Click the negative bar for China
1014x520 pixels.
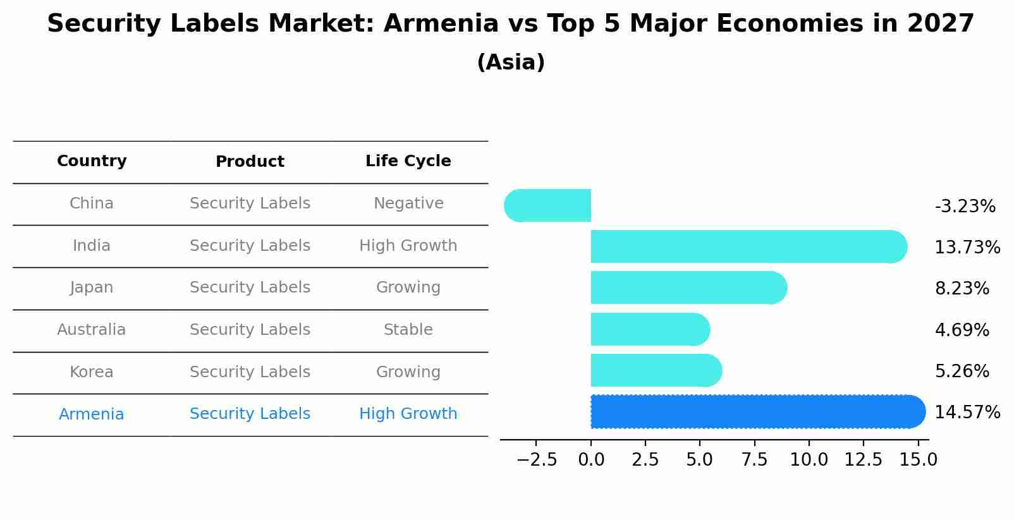point(547,205)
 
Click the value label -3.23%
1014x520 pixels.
point(965,207)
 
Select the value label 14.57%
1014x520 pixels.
point(967,413)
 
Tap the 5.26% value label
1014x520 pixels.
point(962,372)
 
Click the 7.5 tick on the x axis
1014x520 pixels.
point(754,460)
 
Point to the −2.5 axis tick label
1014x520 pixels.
point(537,460)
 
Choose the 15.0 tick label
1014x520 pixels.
point(918,460)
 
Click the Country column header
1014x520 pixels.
point(92,161)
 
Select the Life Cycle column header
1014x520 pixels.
point(408,161)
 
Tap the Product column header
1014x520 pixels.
point(250,162)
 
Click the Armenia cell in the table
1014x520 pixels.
point(92,414)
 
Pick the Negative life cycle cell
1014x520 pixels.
point(408,203)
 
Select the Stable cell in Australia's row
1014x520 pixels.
point(408,330)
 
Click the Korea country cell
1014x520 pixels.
point(92,372)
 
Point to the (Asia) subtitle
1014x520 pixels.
point(511,63)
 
